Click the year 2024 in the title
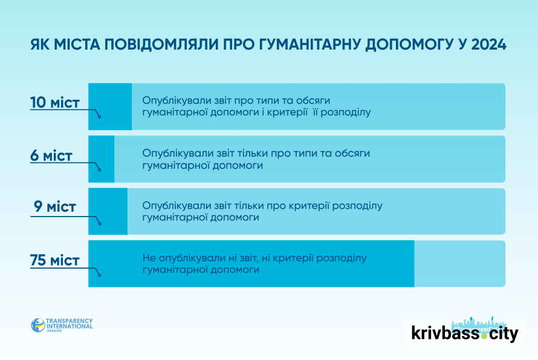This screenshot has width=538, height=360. coord(489,45)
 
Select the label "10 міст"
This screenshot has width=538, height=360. coord(55,102)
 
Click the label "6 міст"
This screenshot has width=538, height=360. coord(51,155)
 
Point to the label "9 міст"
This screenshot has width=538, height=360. coord(55,206)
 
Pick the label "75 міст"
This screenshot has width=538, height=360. coord(55,260)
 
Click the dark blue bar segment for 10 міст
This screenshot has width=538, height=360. coord(110,106)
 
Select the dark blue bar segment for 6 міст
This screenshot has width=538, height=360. coord(101,159)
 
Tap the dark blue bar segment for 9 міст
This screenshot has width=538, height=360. coord(108,211)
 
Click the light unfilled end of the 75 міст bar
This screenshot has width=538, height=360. coord(460,264)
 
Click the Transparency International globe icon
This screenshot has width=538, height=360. coord(37,325)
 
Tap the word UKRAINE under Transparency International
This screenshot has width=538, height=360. coord(54,331)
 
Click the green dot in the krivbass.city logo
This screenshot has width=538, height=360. coord(484,336)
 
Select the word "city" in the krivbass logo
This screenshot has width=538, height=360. coord(504,334)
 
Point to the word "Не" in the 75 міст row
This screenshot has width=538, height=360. coord(149,258)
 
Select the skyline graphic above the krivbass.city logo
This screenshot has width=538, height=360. coord(479,324)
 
